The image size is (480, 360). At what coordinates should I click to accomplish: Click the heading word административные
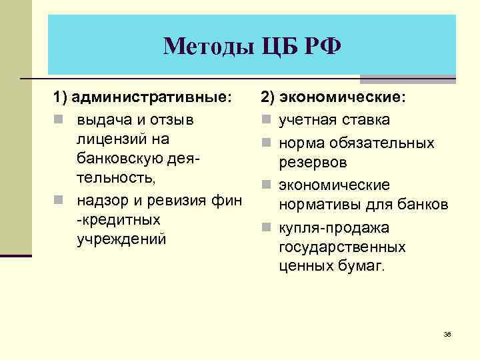pos(153,97)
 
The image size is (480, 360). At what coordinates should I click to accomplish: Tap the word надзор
pos(103,199)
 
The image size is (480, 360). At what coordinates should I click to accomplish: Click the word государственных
pos(343,247)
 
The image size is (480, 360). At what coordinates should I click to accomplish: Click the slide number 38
pos(447,334)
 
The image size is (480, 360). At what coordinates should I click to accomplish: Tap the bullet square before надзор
pos(58,200)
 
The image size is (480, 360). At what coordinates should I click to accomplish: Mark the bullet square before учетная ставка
pos(265,121)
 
